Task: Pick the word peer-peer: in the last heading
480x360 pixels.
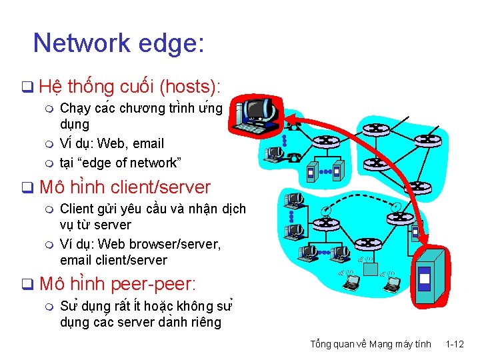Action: coord(154,284)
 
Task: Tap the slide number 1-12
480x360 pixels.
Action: coord(455,344)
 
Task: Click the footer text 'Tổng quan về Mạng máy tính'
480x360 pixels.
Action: coord(370,344)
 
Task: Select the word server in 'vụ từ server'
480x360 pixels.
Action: coord(113,225)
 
